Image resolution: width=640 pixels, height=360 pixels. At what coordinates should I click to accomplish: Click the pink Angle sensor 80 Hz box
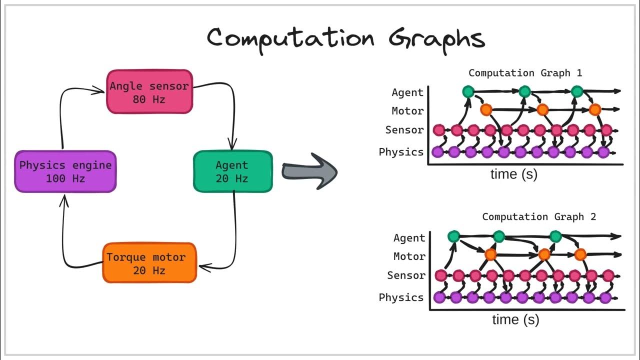coord(149,92)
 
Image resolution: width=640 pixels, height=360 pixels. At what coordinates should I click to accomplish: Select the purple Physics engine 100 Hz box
coord(65,171)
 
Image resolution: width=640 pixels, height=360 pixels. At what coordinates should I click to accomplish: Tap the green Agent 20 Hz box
coord(232,171)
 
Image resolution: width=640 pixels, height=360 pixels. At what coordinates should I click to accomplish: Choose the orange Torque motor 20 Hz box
coord(149,263)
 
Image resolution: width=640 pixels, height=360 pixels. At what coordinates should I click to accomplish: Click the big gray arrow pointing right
coord(310,171)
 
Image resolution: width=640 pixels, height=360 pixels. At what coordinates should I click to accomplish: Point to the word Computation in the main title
coord(290,38)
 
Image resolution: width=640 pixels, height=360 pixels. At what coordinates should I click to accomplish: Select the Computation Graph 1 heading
coord(525,73)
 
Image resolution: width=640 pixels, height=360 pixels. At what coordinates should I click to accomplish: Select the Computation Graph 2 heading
coord(539,216)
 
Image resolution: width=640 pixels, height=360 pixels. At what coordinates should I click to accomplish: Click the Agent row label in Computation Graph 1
coord(407,92)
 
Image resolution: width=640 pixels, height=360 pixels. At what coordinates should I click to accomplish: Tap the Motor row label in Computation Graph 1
coord(407,111)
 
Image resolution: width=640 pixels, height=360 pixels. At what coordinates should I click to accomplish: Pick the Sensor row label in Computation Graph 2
coord(406,275)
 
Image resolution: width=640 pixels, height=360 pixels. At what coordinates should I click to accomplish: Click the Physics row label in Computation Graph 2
coord(401,297)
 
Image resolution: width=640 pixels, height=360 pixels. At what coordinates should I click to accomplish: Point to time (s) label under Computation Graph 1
coord(513,174)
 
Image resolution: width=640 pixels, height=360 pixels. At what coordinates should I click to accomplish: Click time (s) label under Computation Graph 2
coord(515,319)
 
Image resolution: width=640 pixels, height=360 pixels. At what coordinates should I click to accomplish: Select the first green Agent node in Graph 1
coord(468,91)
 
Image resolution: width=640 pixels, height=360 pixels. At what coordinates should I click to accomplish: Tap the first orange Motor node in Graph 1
coord(485,109)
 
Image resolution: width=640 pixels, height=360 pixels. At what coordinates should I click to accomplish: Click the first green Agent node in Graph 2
coord(453,236)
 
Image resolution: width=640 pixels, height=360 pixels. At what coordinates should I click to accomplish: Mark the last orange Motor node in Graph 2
coord(580,255)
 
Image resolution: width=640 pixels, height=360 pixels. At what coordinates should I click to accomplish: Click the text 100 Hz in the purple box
coord(65,178)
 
